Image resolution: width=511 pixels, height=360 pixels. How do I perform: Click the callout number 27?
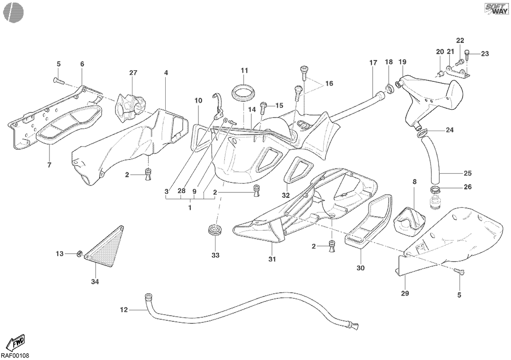coord(133,73)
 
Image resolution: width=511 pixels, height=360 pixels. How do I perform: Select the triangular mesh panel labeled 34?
coord(104,246)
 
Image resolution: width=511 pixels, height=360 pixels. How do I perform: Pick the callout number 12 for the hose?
coord(124,310)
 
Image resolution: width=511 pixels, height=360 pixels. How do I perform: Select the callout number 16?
coord(329,83)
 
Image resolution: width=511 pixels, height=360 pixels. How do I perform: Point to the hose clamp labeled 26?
coord(435,189)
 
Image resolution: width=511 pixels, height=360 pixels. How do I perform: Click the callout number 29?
coord(405,294)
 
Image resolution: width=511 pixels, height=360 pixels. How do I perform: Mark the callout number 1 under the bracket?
coord(189,208)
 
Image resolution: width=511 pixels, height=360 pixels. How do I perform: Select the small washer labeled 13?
coord(80,253)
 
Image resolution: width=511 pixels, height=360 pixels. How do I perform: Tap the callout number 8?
coord(414,182)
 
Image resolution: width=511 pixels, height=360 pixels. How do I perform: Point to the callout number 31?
coord(272,259)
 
